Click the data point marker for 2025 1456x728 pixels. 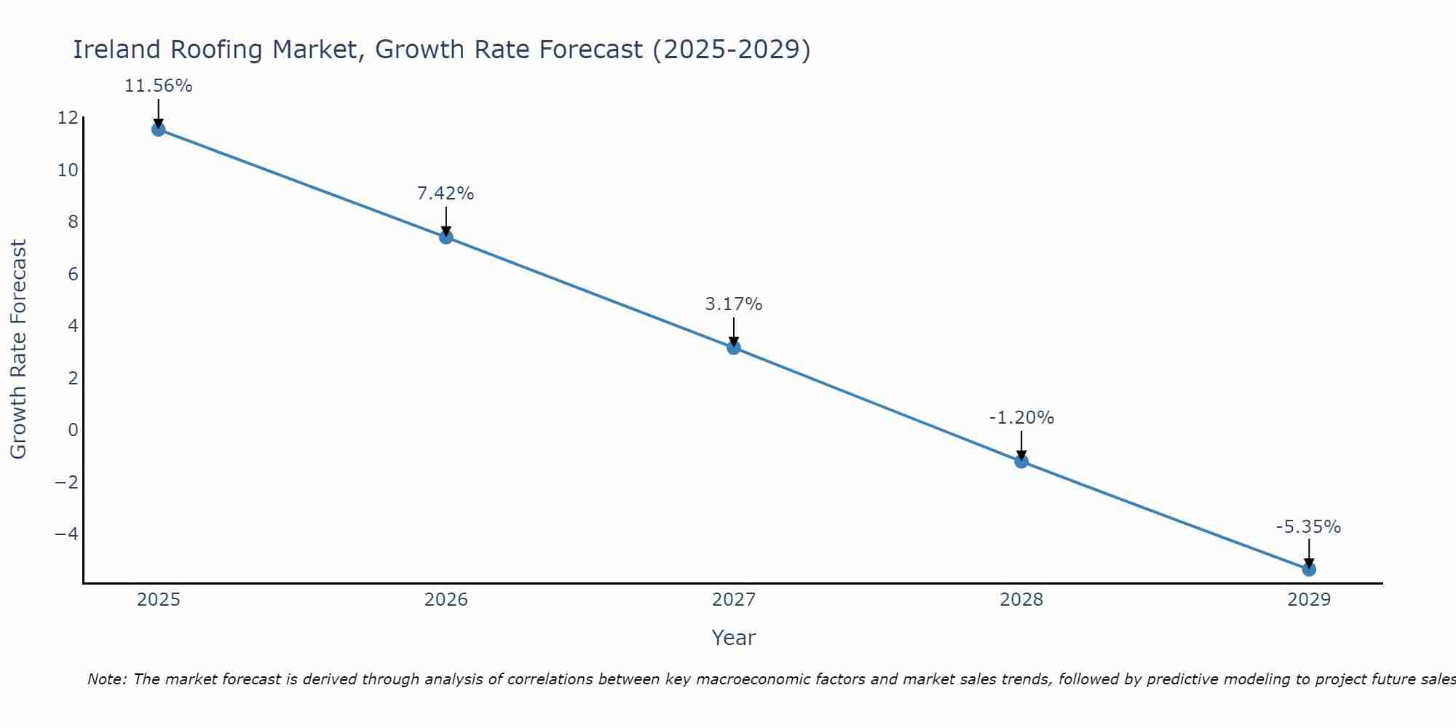click(159, 130)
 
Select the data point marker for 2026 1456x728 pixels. click(446, 237)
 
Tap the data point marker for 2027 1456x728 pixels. click(734, 348)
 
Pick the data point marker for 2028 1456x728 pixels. click(1021, 461)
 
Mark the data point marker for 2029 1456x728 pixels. click(1309, 569)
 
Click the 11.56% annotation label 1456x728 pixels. click(159, 86)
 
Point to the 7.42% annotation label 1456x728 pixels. click(446, 194)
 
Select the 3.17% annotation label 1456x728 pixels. click(734, 304)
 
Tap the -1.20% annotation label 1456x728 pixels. click(1021, 418)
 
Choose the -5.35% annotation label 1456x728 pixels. click(1308, 527)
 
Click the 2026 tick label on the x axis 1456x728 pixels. click(446, 600)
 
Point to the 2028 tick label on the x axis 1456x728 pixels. click(1021, 600)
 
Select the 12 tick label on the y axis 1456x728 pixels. click(67, 118)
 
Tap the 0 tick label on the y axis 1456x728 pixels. click(73, 430)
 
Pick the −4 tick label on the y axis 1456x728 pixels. click(66, 534)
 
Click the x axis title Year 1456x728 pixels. click(734, 638)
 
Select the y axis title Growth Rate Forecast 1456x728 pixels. click(19, 349)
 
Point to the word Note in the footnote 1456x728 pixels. click(107, 679)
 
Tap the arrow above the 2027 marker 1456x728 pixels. click(734, 331)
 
